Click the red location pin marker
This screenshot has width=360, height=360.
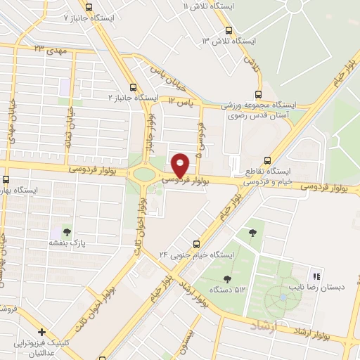click(x=181, y=165)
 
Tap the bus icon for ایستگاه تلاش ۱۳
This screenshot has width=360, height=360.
click(x=229, y=30)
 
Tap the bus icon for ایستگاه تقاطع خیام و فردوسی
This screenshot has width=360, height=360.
click(x=266, y=160)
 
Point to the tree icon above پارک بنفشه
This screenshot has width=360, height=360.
click(x=67, y=230)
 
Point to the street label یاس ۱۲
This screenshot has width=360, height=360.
click(x=181, y=102)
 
